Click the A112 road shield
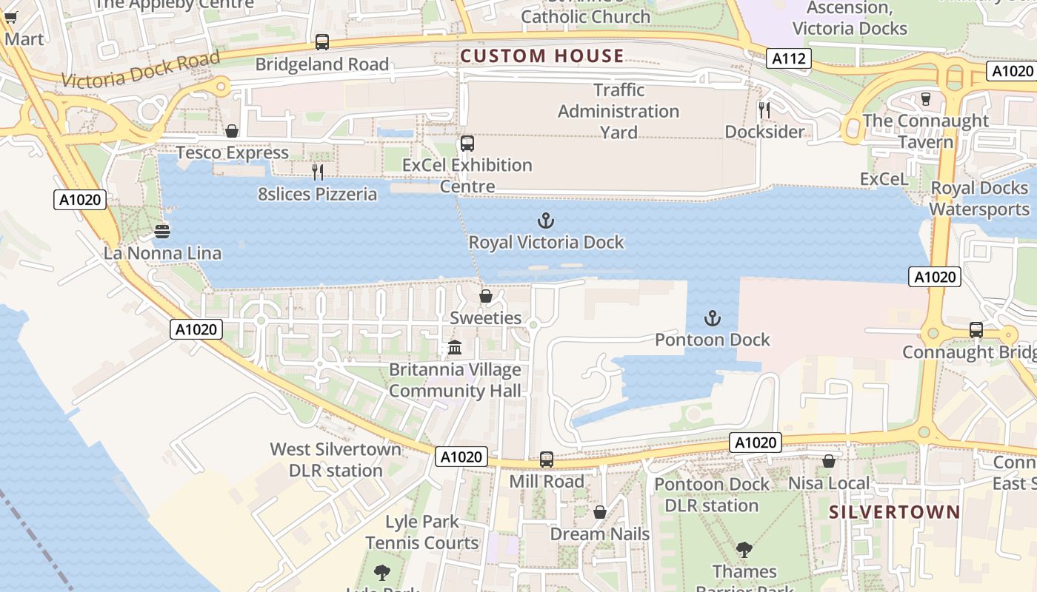coord(788,58)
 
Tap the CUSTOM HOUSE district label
coord(542,56)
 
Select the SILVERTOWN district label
coord(894,512)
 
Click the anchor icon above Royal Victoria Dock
coord(545,221)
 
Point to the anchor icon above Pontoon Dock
coord(712,318)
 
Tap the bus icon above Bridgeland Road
coord(321,42)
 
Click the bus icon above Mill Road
coord(547,460)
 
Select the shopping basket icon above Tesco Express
coord(232,131)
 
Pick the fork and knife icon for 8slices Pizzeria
coord(318,172)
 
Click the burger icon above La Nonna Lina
coord(163,232)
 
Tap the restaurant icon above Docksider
coord(764,110)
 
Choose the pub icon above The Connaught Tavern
coord(925,98)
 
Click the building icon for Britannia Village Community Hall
coord(455,348)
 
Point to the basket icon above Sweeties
coord(486,297)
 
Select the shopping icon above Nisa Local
coord(829,462)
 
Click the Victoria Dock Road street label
coord(141,70)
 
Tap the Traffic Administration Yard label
coord(618,111)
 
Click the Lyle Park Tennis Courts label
coord(422,532)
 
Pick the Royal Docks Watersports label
coord(979,198)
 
